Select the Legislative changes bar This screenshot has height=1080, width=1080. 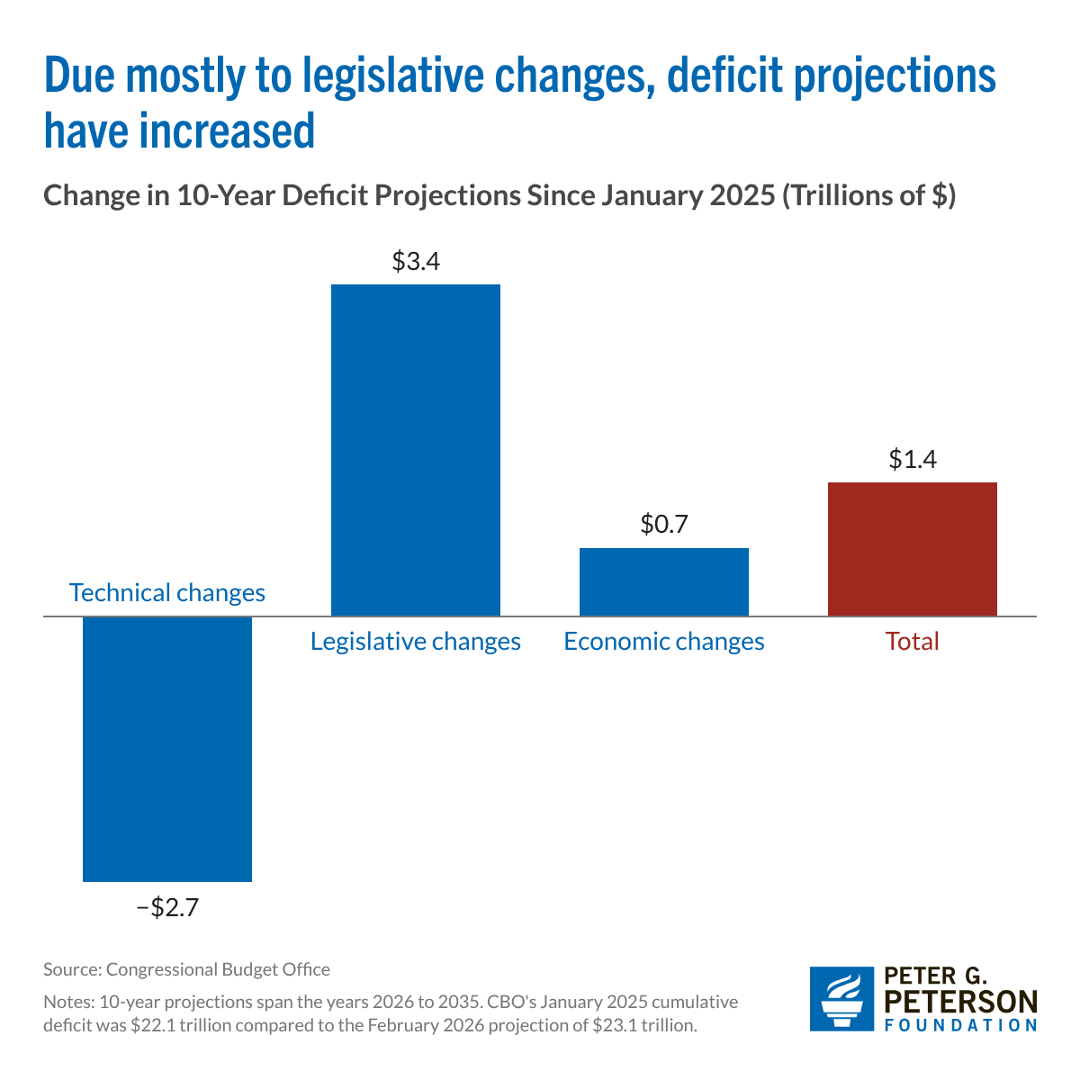(416, 450)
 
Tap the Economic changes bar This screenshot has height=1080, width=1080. (664, 582)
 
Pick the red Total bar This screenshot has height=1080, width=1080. (912, 549)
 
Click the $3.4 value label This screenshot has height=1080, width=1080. (416, 262)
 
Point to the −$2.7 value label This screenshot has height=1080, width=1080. (167, 907)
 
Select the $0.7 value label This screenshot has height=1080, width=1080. (664, 525)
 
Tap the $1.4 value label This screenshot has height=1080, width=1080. (913, 460)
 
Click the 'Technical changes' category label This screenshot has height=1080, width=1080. (167, 593)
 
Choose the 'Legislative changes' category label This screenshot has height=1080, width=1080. (416, 642)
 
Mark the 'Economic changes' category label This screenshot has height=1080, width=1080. (664, 642)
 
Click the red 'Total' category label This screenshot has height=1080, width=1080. (912, 642)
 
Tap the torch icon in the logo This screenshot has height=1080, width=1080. (841, 999)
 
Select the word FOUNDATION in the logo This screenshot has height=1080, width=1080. (961, 1026)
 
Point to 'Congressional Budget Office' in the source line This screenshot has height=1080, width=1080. (218, 969)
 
